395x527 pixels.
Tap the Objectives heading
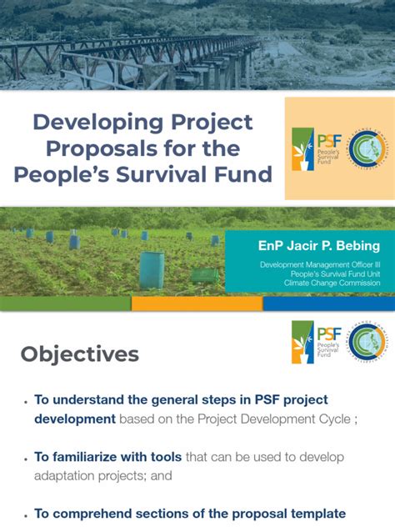(x=80, y=354)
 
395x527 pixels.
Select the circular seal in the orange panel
(x=360, y=148)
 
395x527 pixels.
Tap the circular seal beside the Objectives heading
(x=365, y=342)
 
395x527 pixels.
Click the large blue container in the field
(x=152, y=269)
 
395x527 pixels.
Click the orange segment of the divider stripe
(x=197, y=304)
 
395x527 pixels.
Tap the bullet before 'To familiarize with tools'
(x=27, y=458)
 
